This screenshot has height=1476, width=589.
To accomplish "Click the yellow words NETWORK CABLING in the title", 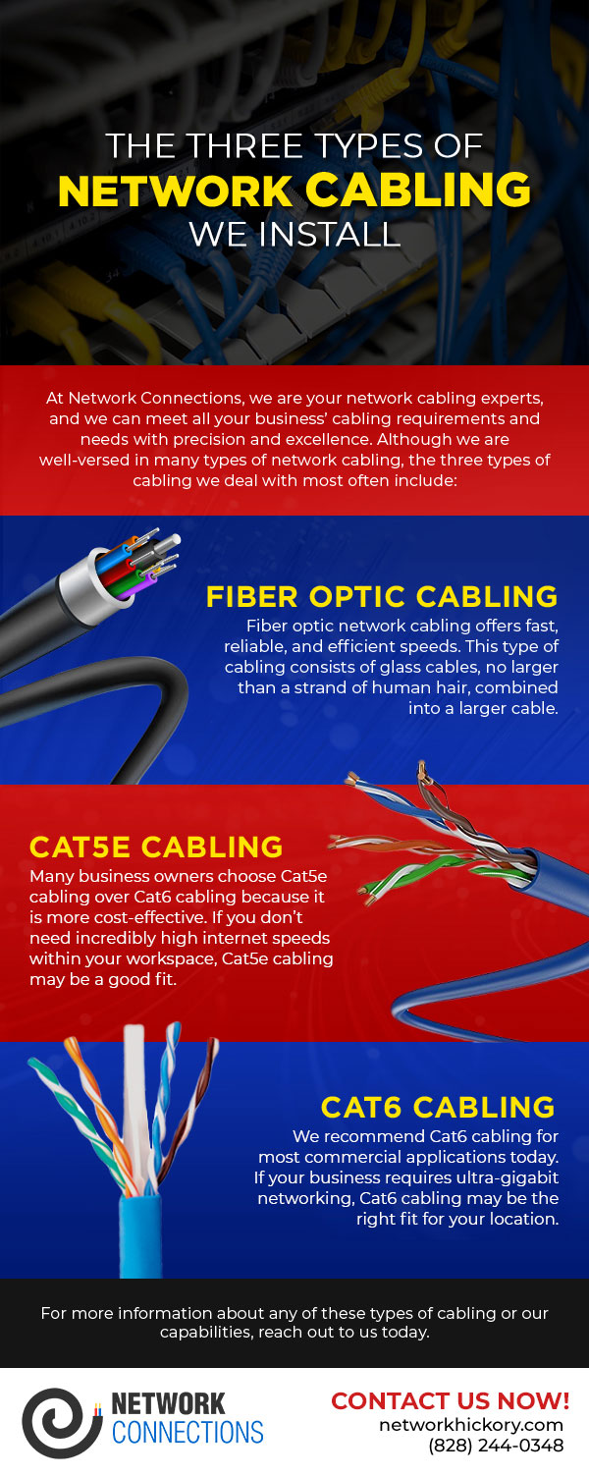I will tap(294, 190).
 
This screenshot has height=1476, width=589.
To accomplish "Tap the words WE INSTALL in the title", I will tap(294, 234).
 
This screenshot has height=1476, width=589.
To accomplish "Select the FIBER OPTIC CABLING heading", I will tap(382, 596).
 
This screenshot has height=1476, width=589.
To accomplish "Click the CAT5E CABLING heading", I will tap(156, 847).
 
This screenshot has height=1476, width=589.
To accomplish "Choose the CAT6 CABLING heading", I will tap(438, 1107).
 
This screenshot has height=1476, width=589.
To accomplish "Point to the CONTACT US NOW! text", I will tap(450, 1399).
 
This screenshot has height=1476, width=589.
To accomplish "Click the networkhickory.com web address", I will tap(471, 1424).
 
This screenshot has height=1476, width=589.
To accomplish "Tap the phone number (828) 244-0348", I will tap(496, 1446).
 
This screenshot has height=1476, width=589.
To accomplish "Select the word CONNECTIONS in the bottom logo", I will tap(187, 1432).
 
